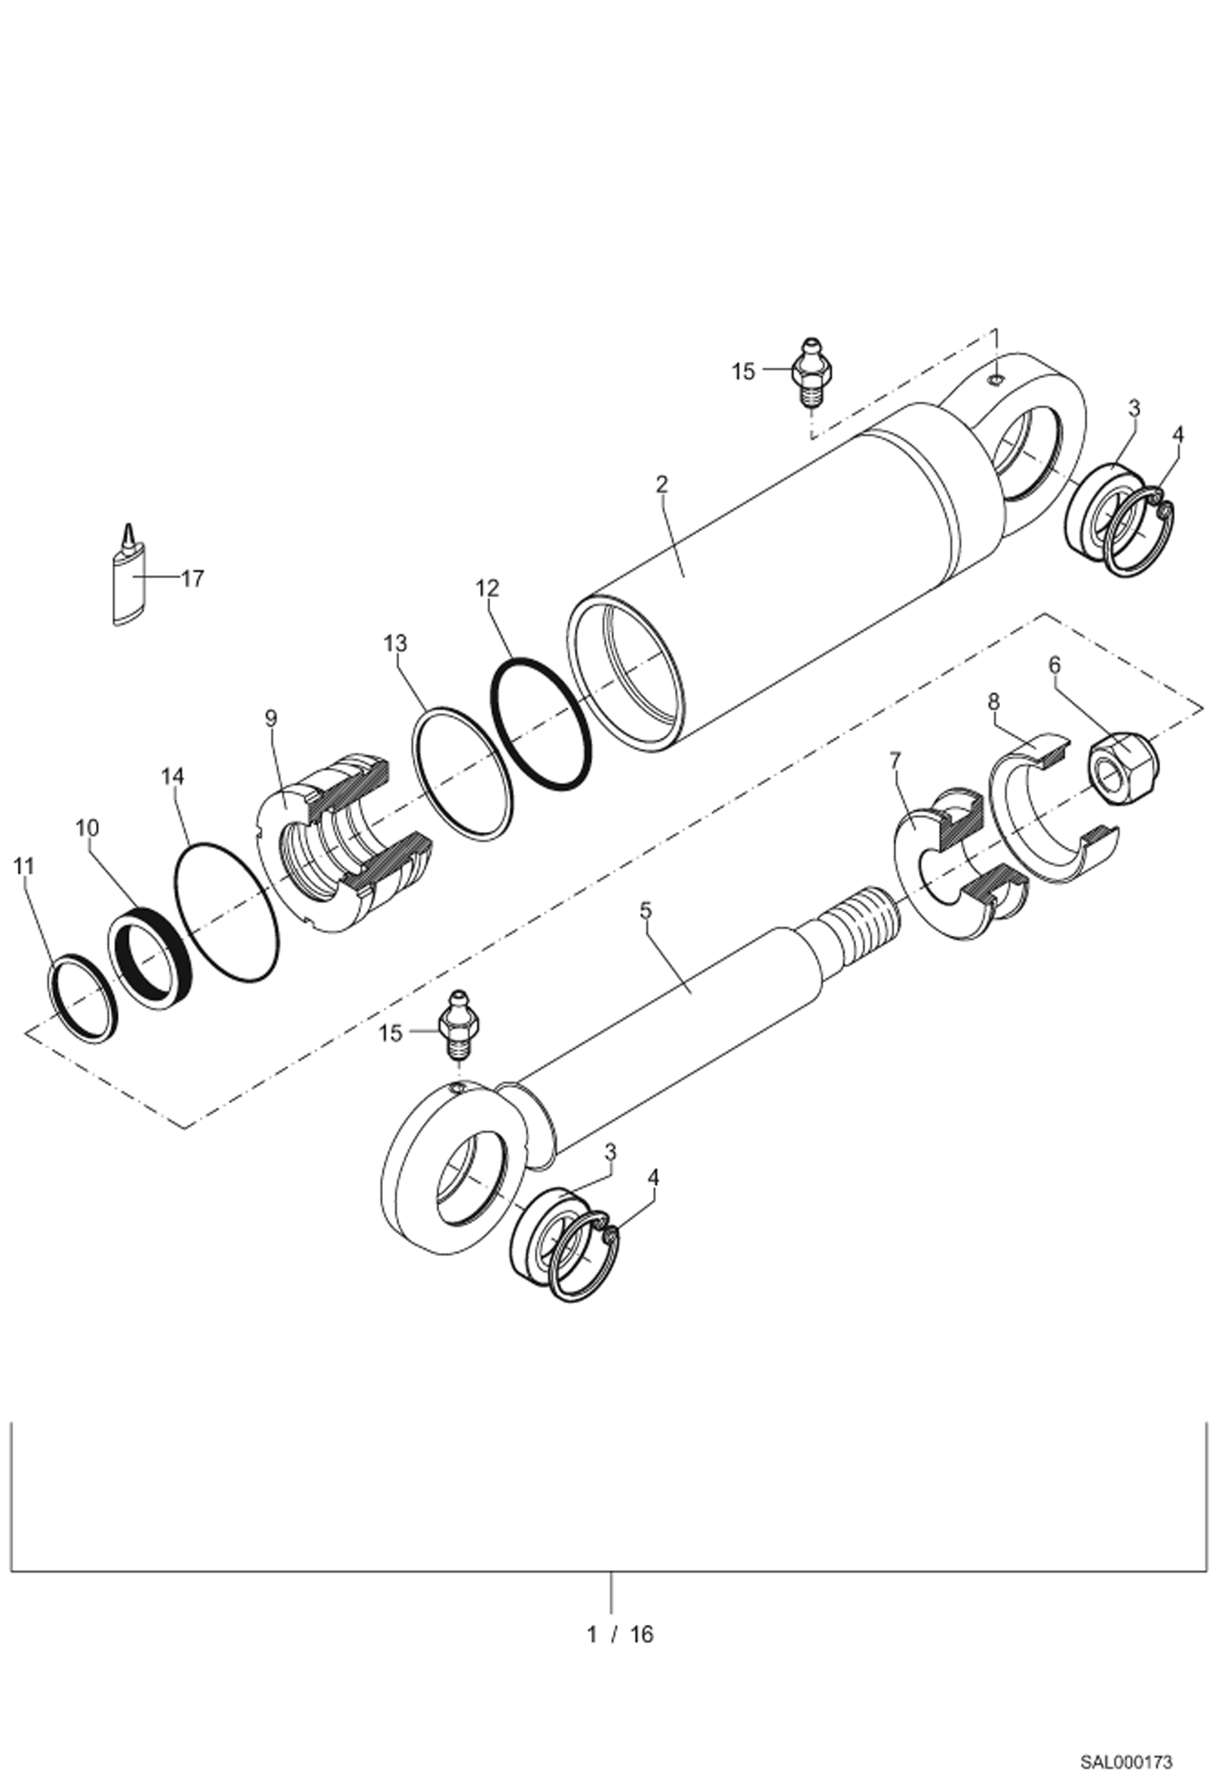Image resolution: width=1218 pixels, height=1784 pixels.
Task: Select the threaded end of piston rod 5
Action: pyautogui.click(x=862, y=918)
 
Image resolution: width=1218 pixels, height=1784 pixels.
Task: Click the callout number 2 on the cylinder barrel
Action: pyautogui.click(x=662, y=485)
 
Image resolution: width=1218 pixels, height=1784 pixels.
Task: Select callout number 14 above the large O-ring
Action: pyautogui.click(x=172, y=777)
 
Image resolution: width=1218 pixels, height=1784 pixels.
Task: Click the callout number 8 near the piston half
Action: pyautogui.click(x=994, y=702)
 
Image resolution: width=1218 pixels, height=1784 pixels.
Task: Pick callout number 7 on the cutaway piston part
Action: pyautogui.click(x=895, y=762)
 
